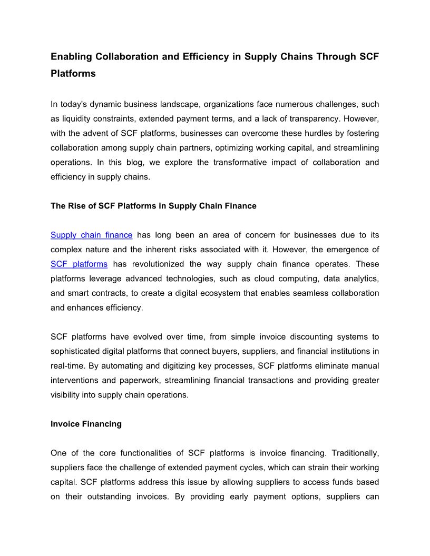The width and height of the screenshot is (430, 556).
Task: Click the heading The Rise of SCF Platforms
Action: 153,206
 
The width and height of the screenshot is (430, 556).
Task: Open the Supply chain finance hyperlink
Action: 91,235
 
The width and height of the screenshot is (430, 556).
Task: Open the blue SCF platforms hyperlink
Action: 79,264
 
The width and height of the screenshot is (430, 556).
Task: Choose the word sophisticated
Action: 75,351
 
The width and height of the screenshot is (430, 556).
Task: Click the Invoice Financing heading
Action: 86,424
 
